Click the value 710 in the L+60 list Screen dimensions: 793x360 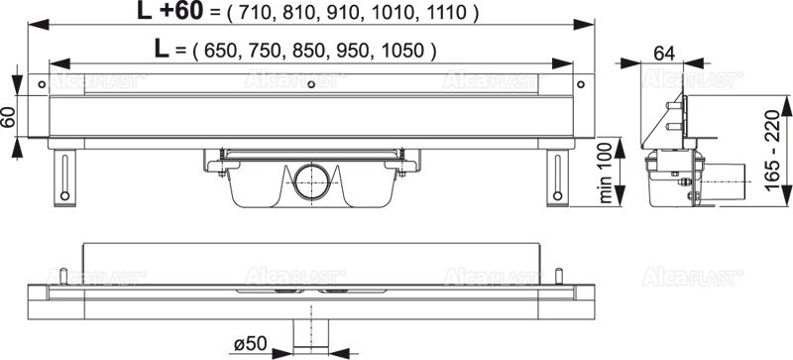point(256,13)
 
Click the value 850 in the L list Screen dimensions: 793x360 point(309,51)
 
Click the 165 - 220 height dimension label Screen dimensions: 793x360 point(772,152)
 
